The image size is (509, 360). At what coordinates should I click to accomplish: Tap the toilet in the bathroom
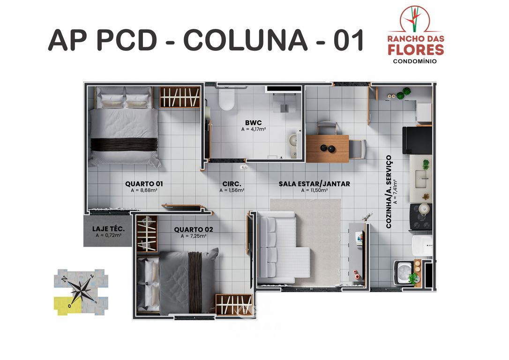[x=227, y=99]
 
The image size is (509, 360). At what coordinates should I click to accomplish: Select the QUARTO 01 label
[x=144, y=184]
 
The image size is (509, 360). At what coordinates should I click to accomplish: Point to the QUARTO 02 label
[x=194, y=229]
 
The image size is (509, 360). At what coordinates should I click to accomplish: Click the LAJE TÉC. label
[x=108, y=229]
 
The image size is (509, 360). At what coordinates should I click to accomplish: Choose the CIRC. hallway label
[x=232, y=184]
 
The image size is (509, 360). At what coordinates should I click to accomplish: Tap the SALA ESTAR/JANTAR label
[x=314, y=184]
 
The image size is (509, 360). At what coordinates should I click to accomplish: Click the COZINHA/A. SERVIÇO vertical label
[x=389, y=192]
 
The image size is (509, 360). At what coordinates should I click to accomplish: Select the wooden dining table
[x=327, y=148]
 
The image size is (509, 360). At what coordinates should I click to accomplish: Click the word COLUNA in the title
[x=244, y=40]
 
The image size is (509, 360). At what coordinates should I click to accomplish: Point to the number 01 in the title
[x=348, y=40]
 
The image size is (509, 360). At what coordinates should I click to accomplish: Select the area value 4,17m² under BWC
[x=253, y=129]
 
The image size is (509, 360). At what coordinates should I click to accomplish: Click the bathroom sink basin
[x=293, y=141]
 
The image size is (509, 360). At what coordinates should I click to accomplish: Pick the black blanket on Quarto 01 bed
[x=124, y=144]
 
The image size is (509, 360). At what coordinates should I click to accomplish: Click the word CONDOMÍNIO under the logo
[x=415, y=61]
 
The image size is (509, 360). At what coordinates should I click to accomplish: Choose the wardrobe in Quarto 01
[x=180, y=97]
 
